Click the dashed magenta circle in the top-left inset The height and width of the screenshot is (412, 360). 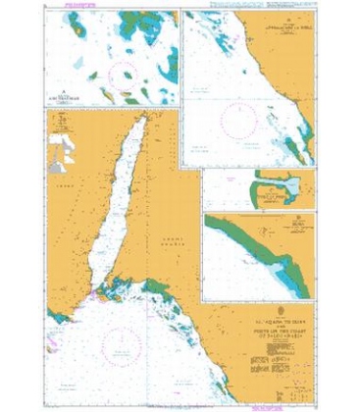coord(125,77)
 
